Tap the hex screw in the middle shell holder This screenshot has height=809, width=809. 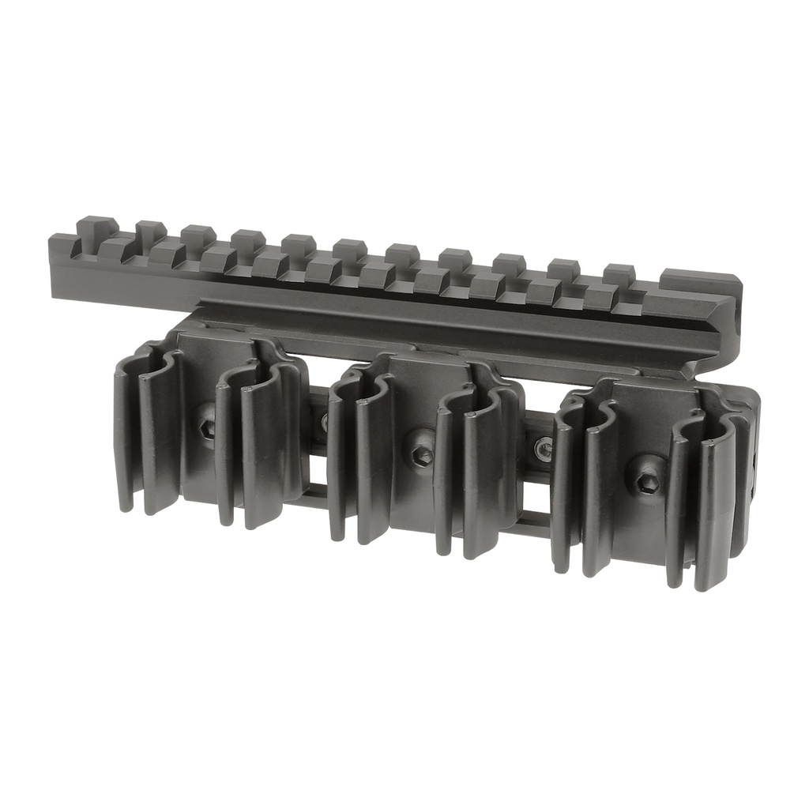tap(421, 455)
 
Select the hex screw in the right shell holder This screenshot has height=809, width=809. tap(645, 484)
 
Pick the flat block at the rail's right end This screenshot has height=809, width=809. tap(699, 280)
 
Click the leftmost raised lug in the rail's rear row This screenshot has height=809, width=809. tap(99, 226)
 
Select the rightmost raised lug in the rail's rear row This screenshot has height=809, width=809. tap(619, 273)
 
